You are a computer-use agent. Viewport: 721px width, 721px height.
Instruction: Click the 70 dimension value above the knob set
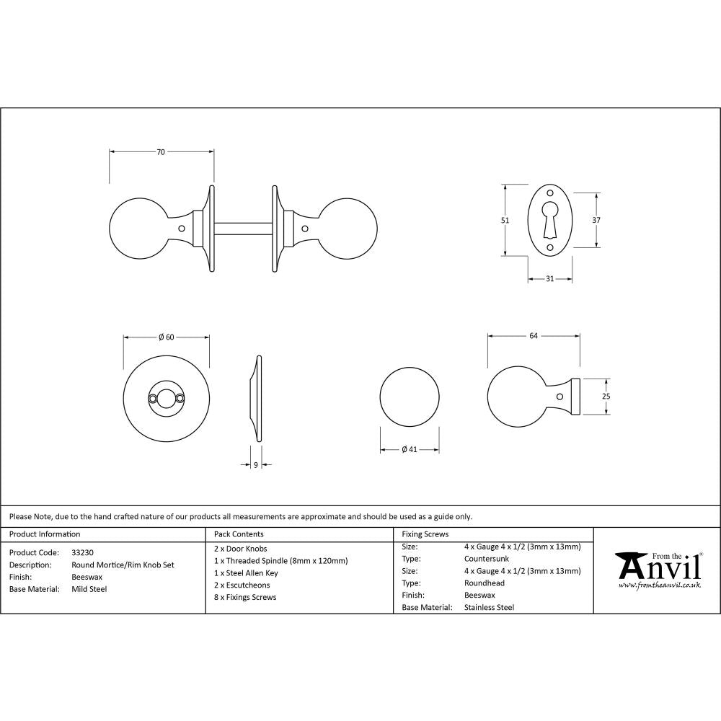pos(161,151)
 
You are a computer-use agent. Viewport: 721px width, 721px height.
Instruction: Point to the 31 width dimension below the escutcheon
pos(550,279)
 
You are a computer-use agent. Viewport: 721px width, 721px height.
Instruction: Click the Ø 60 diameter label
pos(166,337)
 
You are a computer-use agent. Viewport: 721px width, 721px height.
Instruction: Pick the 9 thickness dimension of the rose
pos(256,465)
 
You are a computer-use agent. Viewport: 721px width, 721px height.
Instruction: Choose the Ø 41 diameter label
pos(409,450)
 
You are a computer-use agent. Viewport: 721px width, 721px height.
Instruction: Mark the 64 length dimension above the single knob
pos(534,335)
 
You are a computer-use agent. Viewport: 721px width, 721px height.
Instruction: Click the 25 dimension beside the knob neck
pos(606,396)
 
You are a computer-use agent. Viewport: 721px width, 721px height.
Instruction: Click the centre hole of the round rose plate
pos(167,397)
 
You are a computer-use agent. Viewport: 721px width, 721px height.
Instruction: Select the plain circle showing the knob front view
pos(410,397)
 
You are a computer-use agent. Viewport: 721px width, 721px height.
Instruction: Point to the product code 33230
pos(82,552)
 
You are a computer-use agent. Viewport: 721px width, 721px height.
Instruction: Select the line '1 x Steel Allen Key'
pos(246,573)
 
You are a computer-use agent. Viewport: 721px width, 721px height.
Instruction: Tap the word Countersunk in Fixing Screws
pos(487,558)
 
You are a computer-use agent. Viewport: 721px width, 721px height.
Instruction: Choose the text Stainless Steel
pos(489,607)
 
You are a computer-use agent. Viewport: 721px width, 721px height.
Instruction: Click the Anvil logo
pos(658,570)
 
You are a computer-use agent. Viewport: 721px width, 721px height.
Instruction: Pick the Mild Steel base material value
pos(89,589)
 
